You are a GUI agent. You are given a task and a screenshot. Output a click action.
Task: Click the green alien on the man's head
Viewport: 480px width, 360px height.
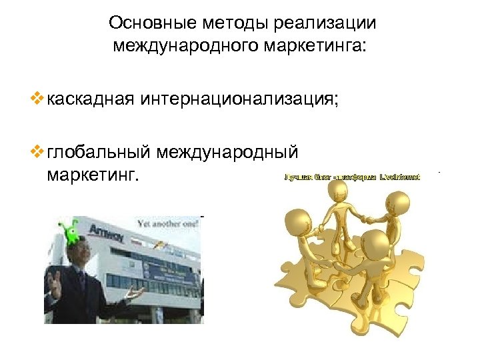[69, 231]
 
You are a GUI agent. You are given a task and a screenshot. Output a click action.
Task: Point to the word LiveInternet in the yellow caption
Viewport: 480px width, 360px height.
[399, 177]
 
